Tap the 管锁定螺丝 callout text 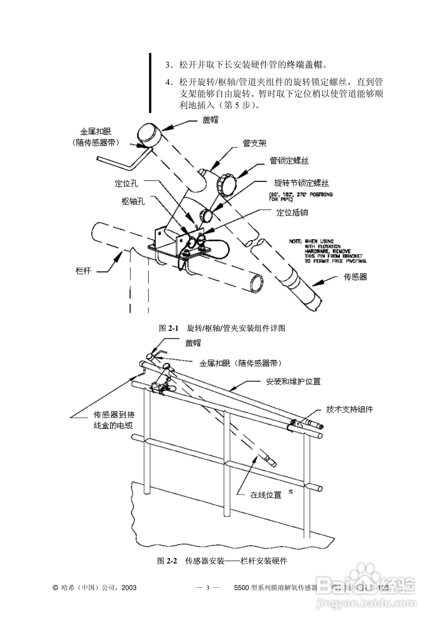(x=289, y=160)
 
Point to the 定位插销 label (x=292, y=213)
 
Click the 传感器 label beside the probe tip (x=355, y=277)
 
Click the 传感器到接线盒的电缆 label (x=114, y=420)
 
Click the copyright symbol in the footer (x=55, y=588)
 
